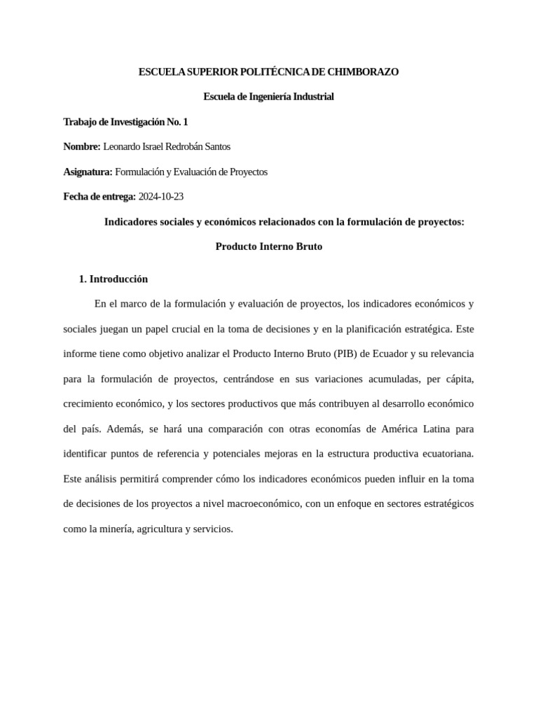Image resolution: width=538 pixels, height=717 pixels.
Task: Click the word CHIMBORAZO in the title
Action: point(366,71)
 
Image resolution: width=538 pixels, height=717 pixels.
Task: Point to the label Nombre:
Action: point(82,146)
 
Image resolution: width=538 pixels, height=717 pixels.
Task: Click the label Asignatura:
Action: point(88,172)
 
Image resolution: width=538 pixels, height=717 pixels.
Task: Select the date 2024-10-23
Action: point(161,197)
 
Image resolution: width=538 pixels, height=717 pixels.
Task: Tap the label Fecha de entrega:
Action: point(99,197)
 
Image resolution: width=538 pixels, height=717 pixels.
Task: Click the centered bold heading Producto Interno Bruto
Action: point(269,246)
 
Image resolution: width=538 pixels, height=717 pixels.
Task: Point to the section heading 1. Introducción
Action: point(113,279)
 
